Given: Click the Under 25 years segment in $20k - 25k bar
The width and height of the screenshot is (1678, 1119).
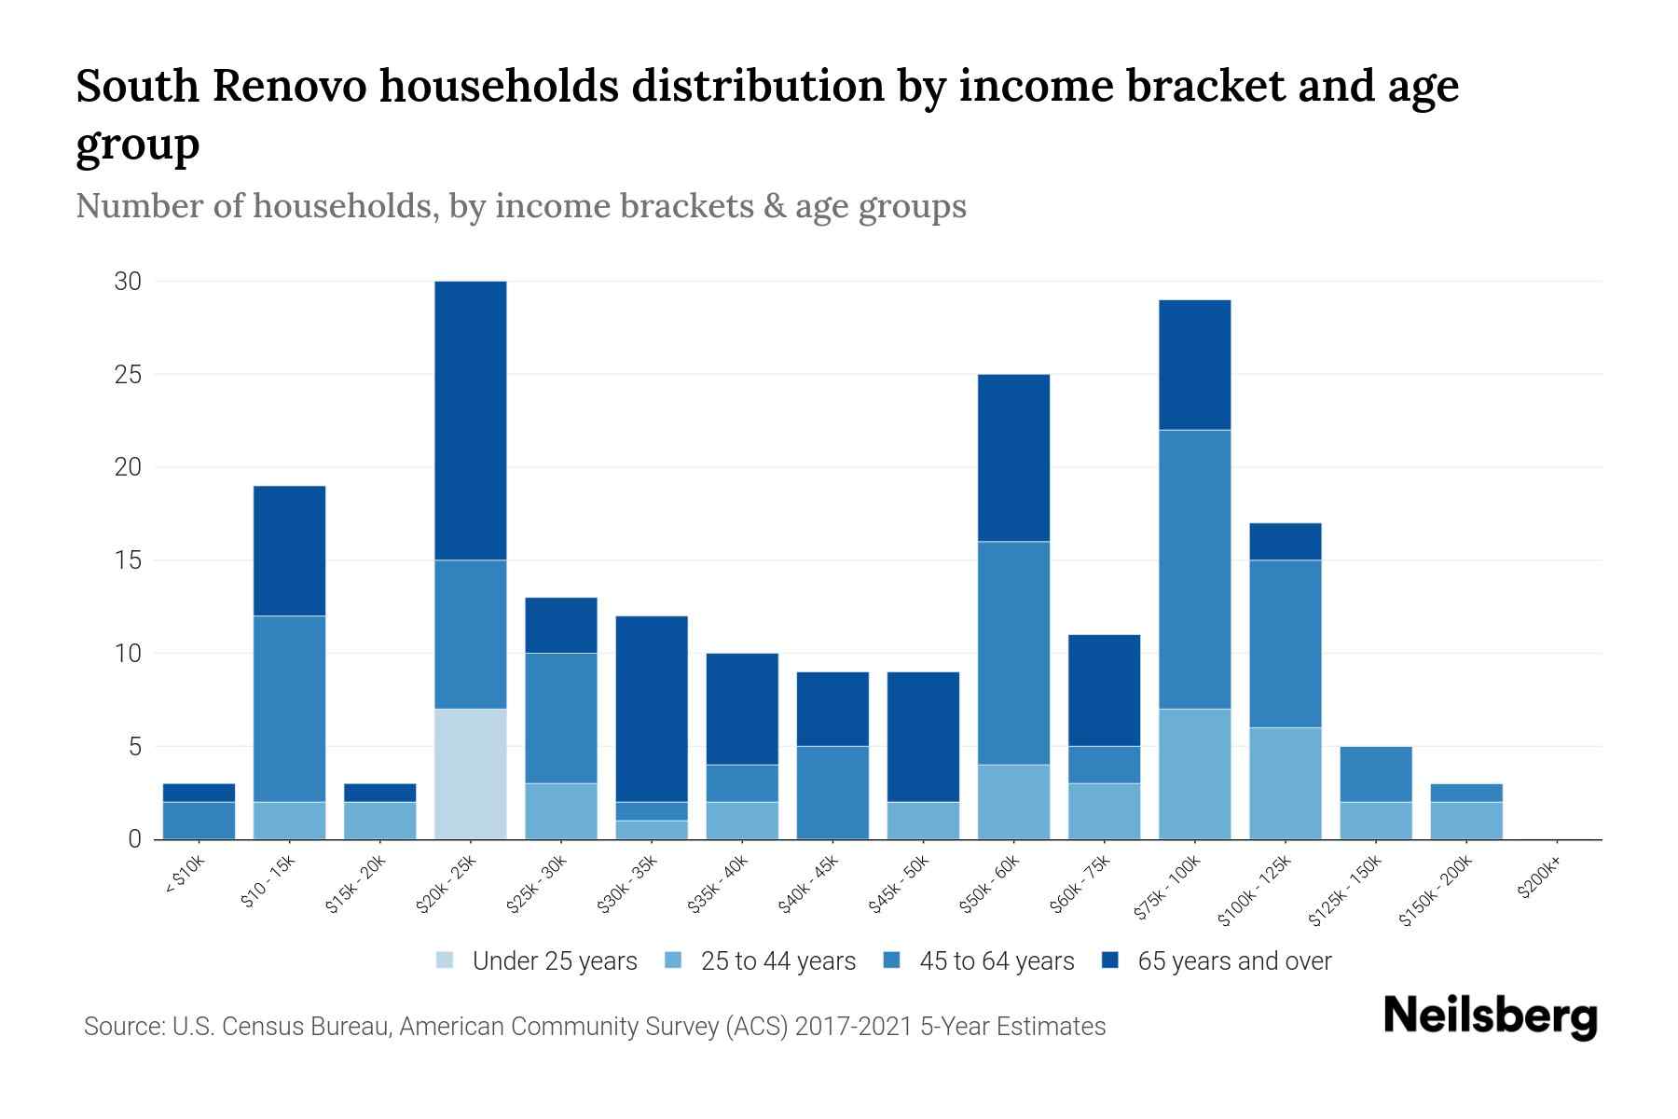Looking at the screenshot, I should [x=471, y=774].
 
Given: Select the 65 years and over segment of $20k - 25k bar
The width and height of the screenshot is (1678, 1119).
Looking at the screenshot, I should [x=471, y=421].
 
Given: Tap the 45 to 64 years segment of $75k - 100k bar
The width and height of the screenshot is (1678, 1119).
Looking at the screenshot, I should [x=1194, y=569].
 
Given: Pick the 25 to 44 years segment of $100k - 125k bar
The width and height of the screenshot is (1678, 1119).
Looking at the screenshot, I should [x=1285, y=783].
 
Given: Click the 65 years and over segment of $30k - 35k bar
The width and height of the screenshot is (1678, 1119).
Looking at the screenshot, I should [x=652, y=709].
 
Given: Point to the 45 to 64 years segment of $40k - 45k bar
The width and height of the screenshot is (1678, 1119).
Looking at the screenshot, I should [x=832, y=793].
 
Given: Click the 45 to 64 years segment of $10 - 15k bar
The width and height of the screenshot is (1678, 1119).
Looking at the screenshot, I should [x=290, y=709].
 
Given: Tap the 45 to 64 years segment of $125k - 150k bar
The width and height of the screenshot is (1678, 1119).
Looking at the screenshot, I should [x=1375, y=774].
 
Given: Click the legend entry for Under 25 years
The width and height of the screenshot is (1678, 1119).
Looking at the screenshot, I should [x=555, y=961].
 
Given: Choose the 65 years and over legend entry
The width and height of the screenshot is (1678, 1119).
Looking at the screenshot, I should [x=1233, y=961].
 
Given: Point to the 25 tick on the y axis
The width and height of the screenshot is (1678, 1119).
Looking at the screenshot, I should [x=128, y=375].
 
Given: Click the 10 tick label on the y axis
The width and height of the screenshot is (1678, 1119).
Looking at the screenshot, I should [x=128, y=654].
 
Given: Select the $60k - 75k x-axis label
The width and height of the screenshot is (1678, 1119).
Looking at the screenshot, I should [x=1081, y=885].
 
